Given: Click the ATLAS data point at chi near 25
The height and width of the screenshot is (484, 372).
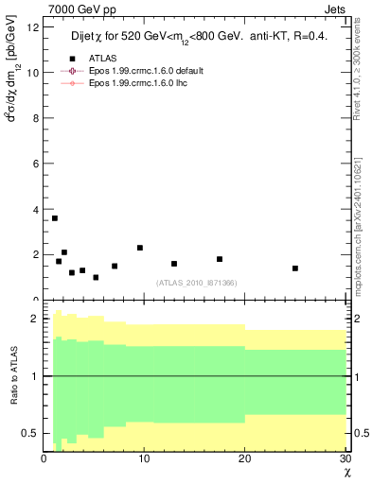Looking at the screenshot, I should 295,268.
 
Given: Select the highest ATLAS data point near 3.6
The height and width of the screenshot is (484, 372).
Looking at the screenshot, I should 55,218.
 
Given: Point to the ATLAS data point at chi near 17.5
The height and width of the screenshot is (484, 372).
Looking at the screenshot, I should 220,259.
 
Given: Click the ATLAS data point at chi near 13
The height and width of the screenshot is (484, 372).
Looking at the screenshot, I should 174,264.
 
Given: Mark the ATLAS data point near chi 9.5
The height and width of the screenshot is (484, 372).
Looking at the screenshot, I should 140,248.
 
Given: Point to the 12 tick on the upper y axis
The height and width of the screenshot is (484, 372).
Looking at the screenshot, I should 33,27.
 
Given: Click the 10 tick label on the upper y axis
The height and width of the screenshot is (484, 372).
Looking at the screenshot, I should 33,73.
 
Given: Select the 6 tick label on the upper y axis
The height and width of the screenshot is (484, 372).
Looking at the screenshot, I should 36,164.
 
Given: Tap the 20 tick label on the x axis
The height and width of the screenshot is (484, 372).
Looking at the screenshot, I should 245,459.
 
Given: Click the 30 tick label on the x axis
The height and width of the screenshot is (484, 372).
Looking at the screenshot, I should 345,459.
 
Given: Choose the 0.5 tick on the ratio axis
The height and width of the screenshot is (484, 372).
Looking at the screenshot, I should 31,433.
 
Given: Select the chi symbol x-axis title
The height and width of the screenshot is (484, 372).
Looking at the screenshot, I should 346,472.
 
